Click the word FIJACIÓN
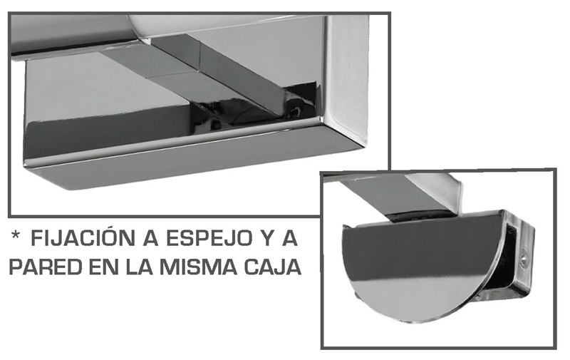pyautogui.click(x=82, y=238)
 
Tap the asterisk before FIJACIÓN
pyautogui.click(x=15, y=235)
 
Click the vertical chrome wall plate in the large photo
pyautogui.click(x=347, y=76)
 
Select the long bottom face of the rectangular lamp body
pyautogui.click(x=192, y=164)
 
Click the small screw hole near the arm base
pyautogui.click(x=297, y=109)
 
